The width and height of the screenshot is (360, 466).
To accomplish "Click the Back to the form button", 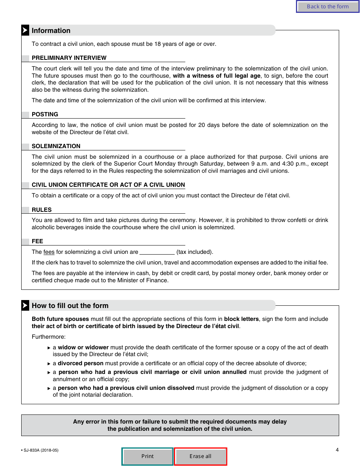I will click(x=327, y=6).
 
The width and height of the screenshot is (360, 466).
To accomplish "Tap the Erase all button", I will click(x=200, y=456).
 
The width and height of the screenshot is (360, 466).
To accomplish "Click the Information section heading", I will click(x=51, y=31).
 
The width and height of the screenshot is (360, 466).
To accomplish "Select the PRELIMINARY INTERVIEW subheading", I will click(x=69, y=58).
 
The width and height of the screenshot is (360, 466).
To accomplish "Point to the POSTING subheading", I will click(x=45, y=114).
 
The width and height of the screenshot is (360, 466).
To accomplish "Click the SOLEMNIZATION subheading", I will click(x=56, y=146).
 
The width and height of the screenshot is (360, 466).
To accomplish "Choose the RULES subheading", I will click(x=42, y=210).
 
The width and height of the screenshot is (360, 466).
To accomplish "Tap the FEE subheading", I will click(x=38, y=241).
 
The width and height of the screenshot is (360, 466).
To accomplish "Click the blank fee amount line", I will click(x=157, y=252).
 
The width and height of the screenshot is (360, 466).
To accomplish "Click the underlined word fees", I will click(x=49, y=252).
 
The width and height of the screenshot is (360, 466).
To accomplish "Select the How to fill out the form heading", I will click(x=70, y=306).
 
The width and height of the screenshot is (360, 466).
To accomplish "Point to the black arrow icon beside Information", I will click(x=25, y=31).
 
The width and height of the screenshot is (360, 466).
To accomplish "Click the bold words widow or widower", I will click(x=83, y=347).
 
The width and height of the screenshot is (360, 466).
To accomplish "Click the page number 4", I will click(x=337, y=450).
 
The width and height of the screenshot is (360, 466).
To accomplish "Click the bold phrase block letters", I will click(x=241, y=319).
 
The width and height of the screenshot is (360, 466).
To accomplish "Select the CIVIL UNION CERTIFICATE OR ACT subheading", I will click(x=108, y=185).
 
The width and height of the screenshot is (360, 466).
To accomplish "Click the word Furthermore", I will click(x=49, y=337).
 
